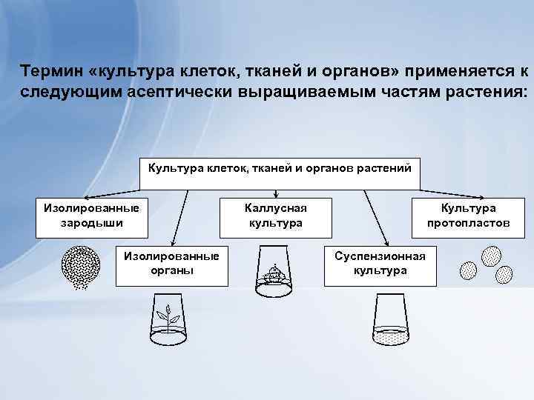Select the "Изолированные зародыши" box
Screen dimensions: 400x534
(x=93, y=216)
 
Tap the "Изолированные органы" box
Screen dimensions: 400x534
(x=171, y=264)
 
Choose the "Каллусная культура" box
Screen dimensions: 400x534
(x=275, y=216)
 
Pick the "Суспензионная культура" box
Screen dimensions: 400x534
(x=380, y=264)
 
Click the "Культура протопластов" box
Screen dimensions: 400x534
(x=468, y=216)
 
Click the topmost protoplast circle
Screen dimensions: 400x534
(x=491, y=257)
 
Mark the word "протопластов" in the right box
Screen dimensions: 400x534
(x=468, y=223)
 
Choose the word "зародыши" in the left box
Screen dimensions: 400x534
(x=93, y=223)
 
